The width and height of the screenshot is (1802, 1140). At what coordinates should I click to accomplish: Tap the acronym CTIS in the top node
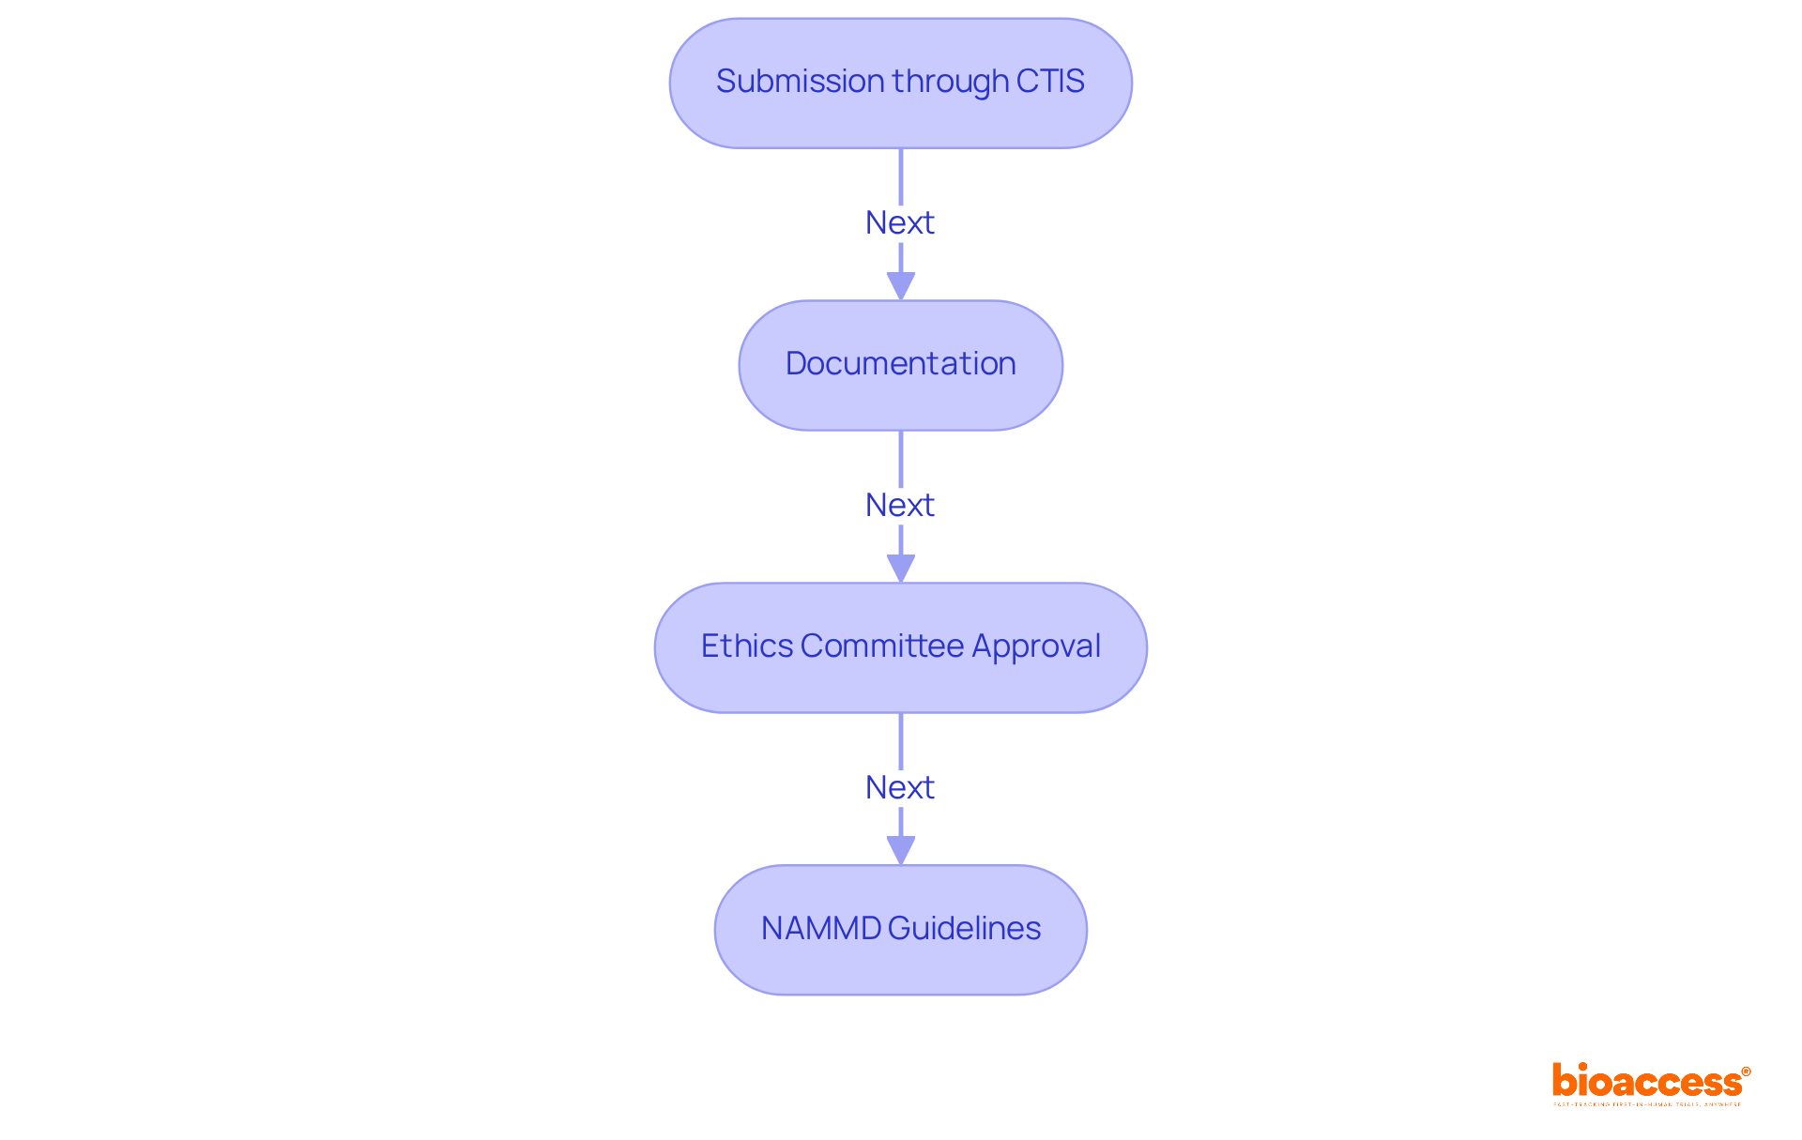coord(1049,82)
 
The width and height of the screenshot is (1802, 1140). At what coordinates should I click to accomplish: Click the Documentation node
coord(900,364)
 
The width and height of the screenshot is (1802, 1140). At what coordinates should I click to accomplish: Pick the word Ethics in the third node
coord(747,646)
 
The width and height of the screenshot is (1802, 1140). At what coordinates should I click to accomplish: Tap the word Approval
coord(1036,646)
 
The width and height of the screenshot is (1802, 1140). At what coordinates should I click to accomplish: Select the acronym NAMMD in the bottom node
coord(820,929)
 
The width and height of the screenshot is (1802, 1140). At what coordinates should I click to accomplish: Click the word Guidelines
coord(964,929)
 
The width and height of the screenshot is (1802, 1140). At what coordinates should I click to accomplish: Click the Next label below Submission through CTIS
coord(899,223)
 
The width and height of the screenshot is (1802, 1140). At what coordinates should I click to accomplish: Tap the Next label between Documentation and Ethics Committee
coord(899,506)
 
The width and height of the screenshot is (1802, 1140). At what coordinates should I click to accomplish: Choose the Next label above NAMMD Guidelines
coord(899,788)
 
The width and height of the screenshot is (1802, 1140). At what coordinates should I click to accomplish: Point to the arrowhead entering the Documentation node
coord(901,286)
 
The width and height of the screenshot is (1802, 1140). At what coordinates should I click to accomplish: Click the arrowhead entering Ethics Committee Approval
coord(901,569)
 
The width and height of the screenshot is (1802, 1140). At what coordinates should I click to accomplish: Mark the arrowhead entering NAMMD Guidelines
coord(901,851)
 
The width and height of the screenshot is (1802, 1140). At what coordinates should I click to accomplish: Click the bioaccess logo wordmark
coord(1646,1082)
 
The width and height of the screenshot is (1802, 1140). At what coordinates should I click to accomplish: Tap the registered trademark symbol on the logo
coord(1746,1072)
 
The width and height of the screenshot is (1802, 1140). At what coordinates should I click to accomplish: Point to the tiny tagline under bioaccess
coord(1647,1105)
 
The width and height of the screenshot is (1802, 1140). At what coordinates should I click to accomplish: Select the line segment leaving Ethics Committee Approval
coord(901,740)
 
